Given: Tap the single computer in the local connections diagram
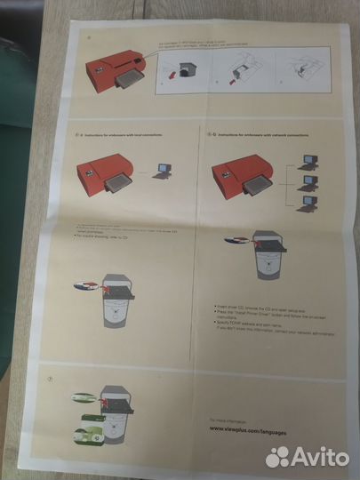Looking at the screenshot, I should [164, 170].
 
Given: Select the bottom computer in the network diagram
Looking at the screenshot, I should [307, 204].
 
